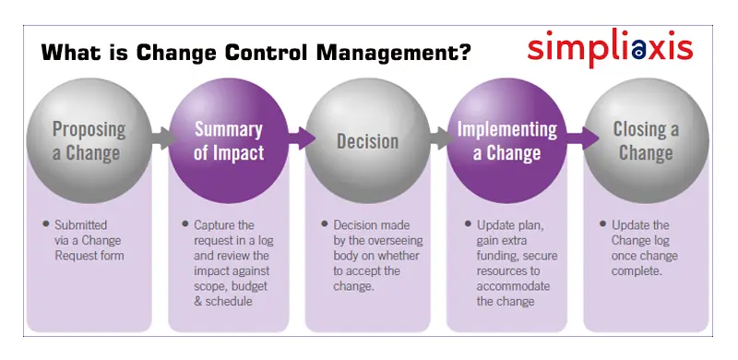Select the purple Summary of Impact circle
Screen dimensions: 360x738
pos(228,139)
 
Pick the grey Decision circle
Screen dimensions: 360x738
pos(366,139)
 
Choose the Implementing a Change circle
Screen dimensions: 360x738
pos(506,139)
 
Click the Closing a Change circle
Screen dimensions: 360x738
pos(645,139)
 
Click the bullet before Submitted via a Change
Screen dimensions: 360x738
pos(46,224)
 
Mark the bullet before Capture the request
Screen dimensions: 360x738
pos(184,224)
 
